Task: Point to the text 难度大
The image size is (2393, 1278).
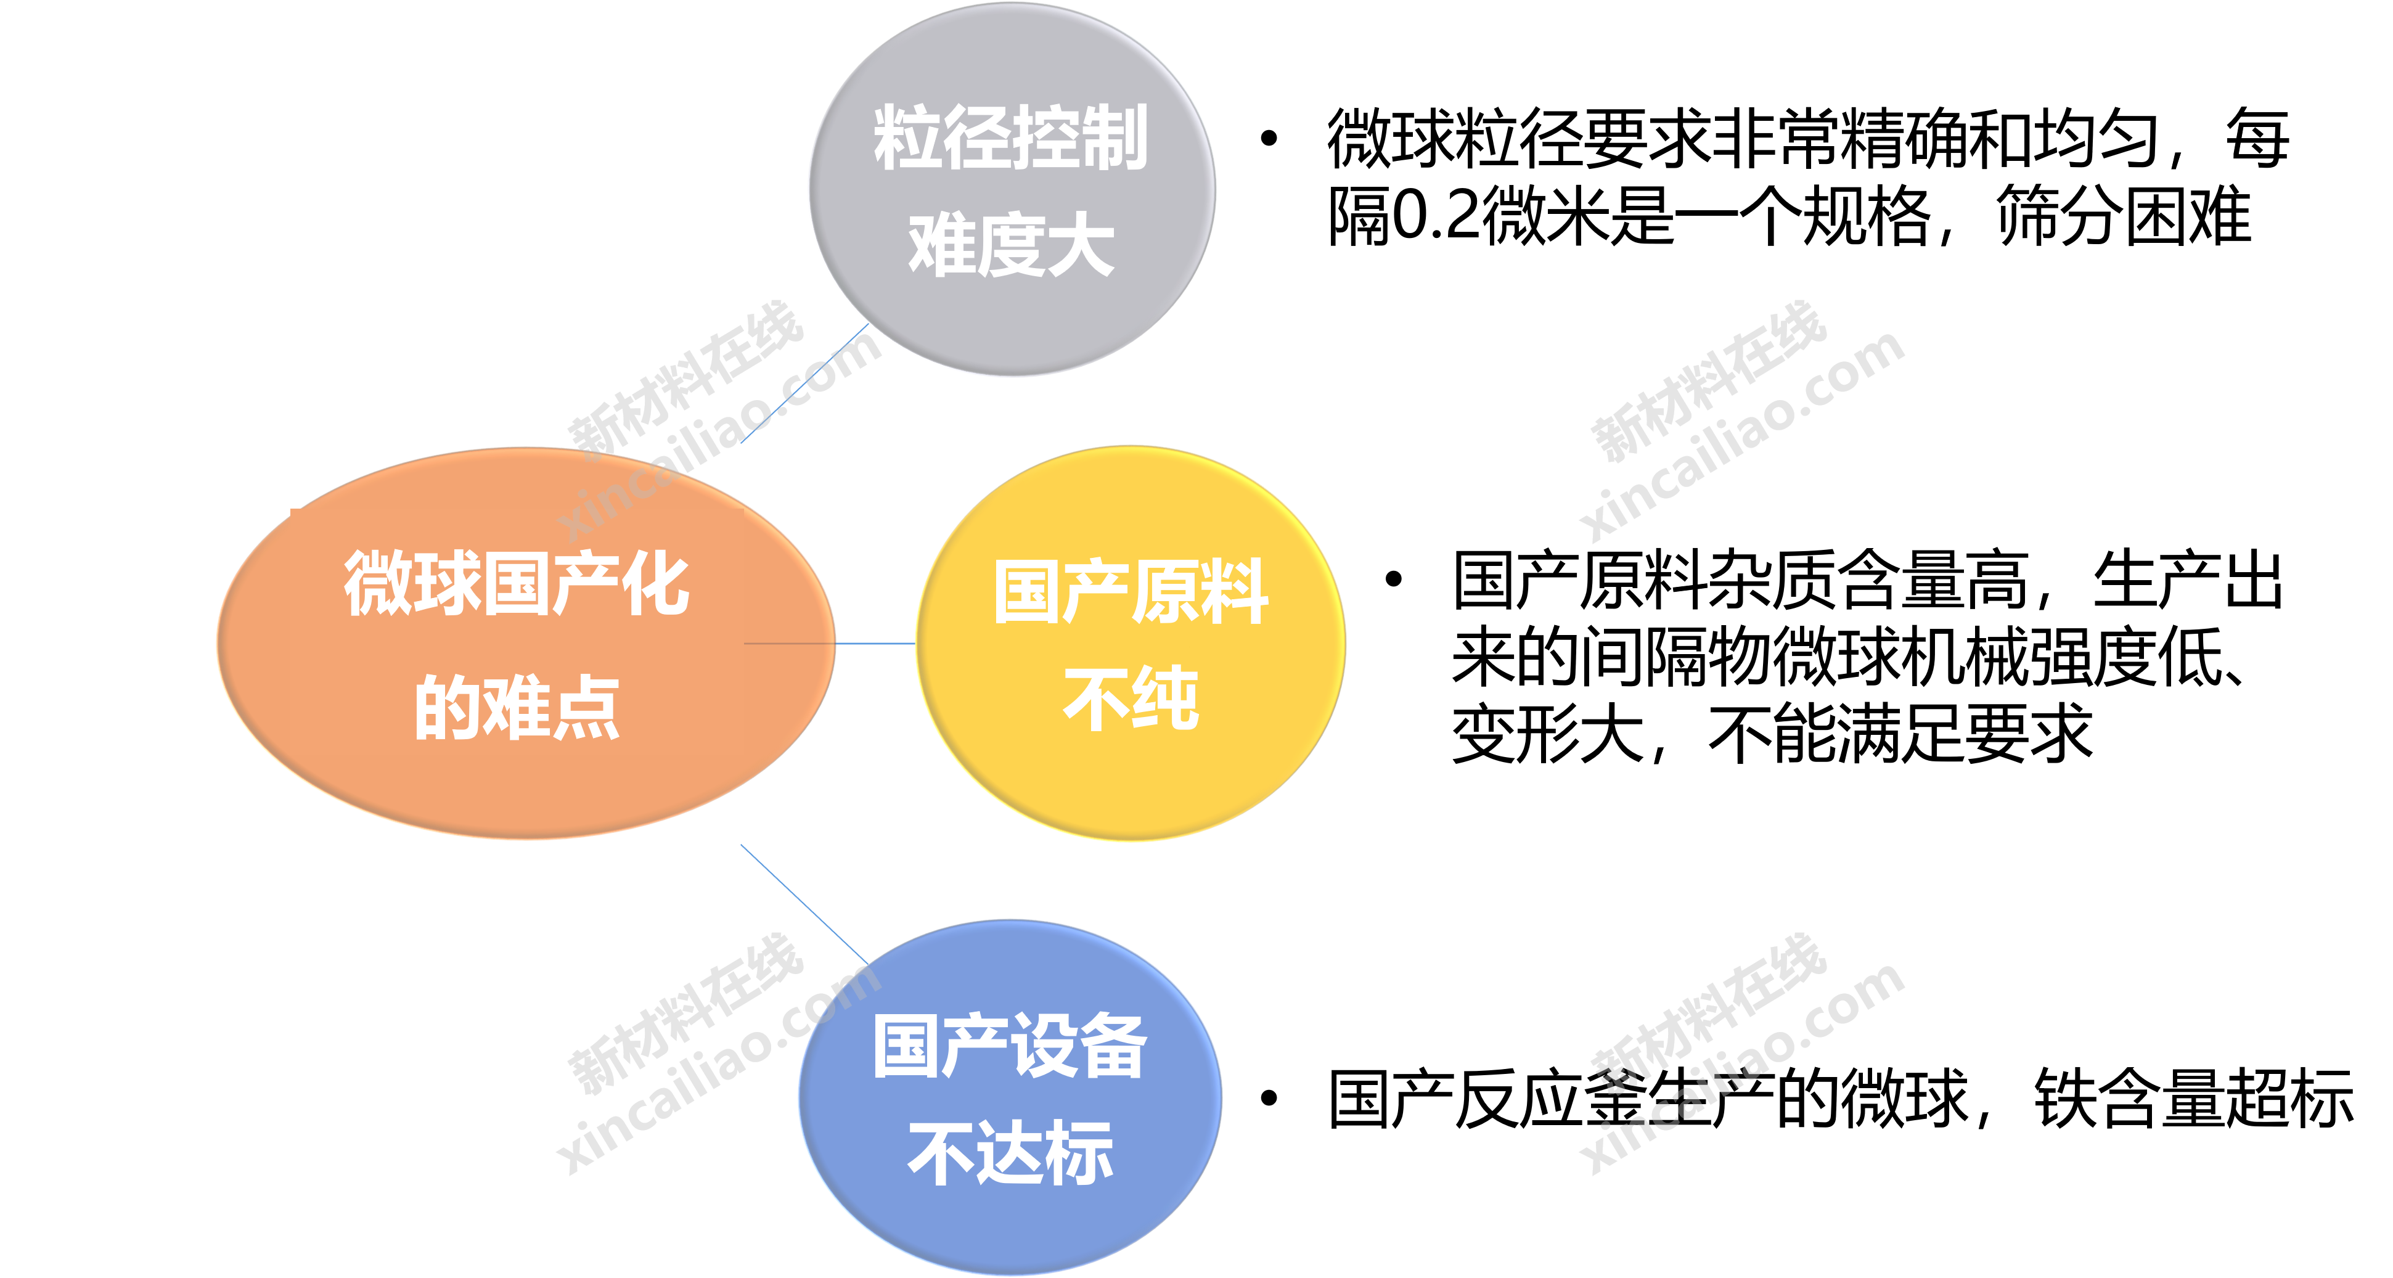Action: pyautogui.click(x=1011, y=245)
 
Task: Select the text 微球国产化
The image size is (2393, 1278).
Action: pyautogui.click(x=517, y=583)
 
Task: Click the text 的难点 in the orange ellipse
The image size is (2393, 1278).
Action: pyautogui.click(x=517, y=708)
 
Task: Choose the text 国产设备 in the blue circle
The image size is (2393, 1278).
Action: pyautogui.click(x=1011, y=1047)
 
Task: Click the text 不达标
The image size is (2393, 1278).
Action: pyautogui.click(x=1011, y=1153)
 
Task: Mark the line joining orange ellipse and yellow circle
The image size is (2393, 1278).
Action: pyautogui.click(x=875, y=643)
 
